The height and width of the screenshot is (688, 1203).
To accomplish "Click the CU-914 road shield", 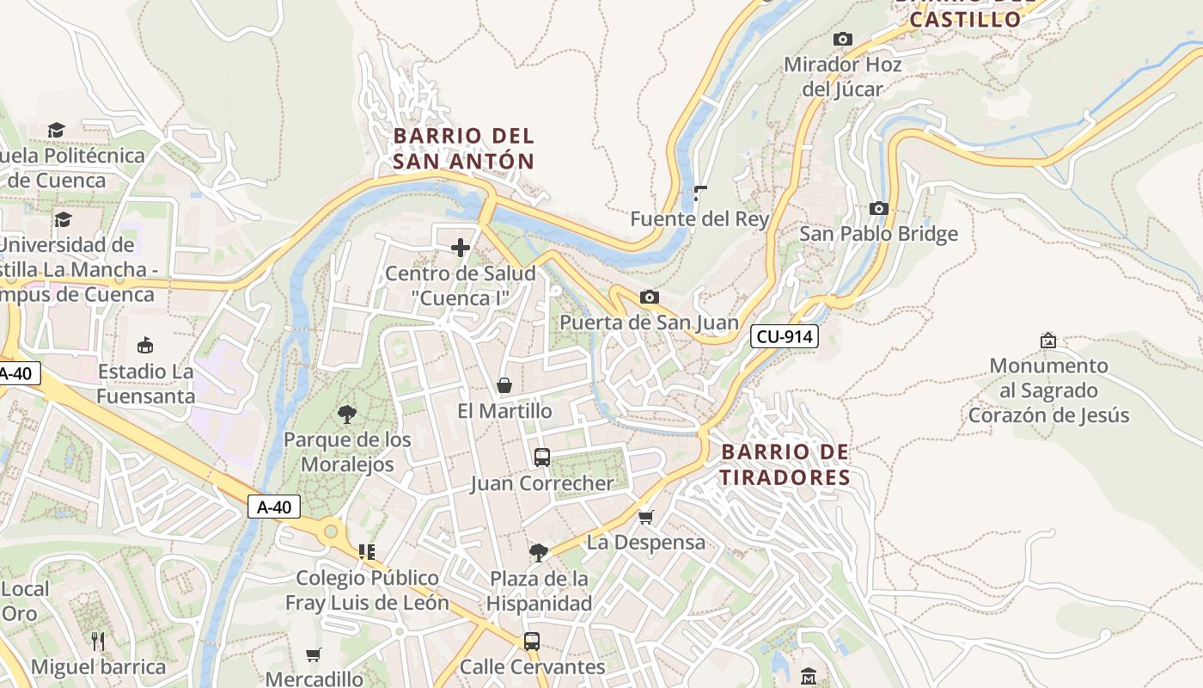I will tap(784, 336).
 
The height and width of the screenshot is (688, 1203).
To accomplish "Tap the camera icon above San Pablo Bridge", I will tap(878, 209).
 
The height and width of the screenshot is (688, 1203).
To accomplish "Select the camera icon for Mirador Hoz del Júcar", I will tap(842, 39).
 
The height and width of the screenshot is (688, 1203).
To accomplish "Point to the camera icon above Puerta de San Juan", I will tap(650, 298).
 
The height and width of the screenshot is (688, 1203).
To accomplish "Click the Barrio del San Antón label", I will tap(464, 148).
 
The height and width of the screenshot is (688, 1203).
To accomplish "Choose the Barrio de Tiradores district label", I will tap(785, 464).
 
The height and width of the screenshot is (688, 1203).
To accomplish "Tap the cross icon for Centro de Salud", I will tap(461, 249).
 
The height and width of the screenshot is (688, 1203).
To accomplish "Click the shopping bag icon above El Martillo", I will tap(504, 385).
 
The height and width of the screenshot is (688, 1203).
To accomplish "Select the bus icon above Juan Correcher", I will tap(541, 458).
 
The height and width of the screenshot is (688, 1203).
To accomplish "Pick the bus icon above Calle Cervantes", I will tap(532, 641).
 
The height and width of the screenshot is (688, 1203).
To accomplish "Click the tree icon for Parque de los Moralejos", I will tap(347, 415).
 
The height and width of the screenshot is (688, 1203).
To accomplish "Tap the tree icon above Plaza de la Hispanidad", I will tap(539, 552).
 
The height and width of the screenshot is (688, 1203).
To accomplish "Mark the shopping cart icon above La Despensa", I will tap(646, 517).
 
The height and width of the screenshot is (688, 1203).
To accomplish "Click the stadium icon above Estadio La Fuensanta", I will tap(145, 346).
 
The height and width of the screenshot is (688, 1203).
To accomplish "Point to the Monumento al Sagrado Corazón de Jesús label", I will tap(1048, 390).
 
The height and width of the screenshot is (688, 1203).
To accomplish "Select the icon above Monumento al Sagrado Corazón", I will tap(1047, 341).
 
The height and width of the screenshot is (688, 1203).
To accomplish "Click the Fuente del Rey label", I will tap(699, 219).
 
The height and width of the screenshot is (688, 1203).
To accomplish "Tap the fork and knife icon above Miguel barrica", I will tap(98, 641).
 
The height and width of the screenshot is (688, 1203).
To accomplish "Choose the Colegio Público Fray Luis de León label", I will tap(367, 590).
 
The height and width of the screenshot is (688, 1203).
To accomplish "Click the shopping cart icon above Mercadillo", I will tap(314, 654).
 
